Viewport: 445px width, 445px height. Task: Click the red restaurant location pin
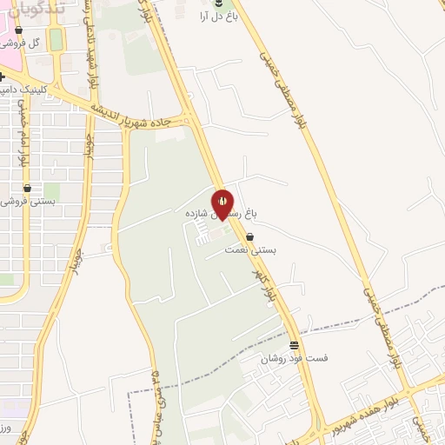pos(222,202)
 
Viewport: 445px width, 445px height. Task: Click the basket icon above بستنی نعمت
pos(250,236)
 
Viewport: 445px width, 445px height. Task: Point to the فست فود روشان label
pos(295,357)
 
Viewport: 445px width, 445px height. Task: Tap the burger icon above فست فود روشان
pos(293,345)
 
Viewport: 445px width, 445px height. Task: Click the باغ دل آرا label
pos(217,17)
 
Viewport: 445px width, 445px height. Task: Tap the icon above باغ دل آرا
pos(217,4)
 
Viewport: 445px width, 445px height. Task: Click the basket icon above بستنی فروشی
pos(27,187)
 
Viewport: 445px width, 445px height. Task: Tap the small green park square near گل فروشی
pos(56,39)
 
